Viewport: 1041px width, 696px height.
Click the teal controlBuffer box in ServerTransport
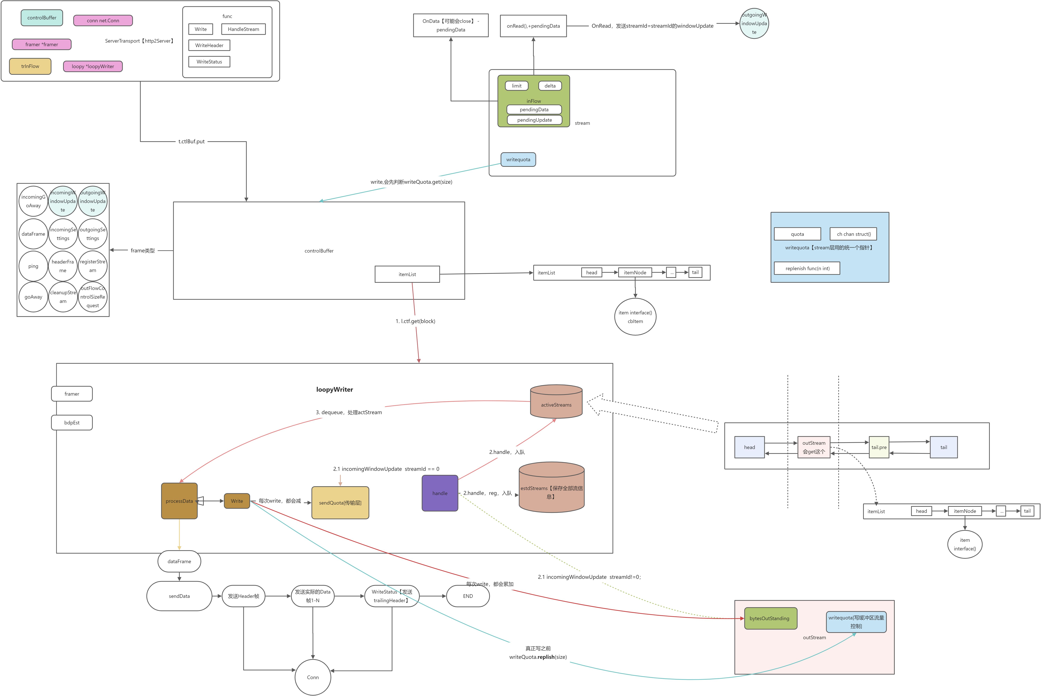(42, 18)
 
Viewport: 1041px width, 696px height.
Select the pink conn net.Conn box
(103, 20)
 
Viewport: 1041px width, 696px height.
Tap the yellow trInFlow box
(30, 66)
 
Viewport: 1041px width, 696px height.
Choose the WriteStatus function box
(210, 62)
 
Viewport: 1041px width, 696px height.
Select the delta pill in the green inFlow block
(550, 86)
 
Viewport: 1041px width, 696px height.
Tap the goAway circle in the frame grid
(33, 297)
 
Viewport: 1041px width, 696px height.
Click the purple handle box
(440, 493)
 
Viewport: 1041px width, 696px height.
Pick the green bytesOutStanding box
(770, 618)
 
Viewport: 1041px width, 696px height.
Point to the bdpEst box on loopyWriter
(72, 423)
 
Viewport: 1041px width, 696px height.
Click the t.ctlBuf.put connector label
(192, 142)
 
